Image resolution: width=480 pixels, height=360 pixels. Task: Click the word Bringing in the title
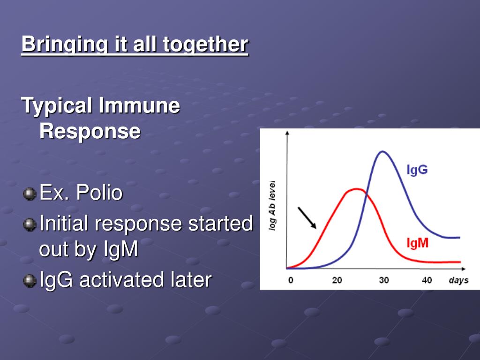[65, 45]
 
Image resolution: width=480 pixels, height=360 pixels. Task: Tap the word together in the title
[205, 44]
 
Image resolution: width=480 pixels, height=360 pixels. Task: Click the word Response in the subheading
[90, 131]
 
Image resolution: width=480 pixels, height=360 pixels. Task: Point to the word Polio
[99, 193]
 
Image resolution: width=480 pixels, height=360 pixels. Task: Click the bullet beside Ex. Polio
[30, 194]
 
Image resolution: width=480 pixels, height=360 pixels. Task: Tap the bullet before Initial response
[30, 225]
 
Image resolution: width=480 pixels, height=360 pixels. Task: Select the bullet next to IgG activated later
[30, 281]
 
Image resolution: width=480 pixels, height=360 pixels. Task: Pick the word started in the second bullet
[220, 223]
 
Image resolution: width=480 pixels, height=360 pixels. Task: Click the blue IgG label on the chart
[417, 170]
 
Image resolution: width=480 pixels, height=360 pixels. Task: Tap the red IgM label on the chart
[417, 243]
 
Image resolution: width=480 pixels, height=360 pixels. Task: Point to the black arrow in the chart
[307, 218]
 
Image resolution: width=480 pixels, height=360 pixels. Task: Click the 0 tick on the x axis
[291, 280]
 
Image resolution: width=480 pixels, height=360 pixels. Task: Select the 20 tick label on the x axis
[337, 280]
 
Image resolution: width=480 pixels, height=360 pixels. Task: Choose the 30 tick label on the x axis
[384, 280]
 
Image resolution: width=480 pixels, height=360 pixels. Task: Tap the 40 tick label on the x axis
[427, 280]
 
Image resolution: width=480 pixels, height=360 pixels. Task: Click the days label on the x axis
[458, 280]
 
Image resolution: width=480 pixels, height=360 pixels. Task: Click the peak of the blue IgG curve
[382, 151]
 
